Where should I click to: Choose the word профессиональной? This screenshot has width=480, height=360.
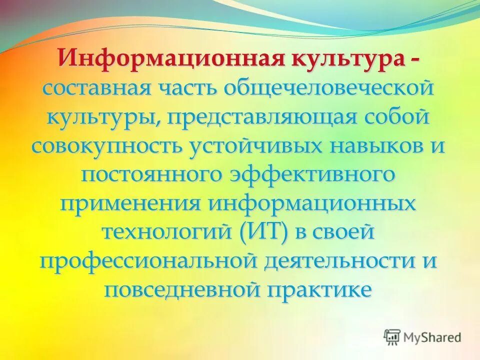(x=146, y=261)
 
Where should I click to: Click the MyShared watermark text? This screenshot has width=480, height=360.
(x=432, y=337)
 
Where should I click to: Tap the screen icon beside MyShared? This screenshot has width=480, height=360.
(x=392, y=337)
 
